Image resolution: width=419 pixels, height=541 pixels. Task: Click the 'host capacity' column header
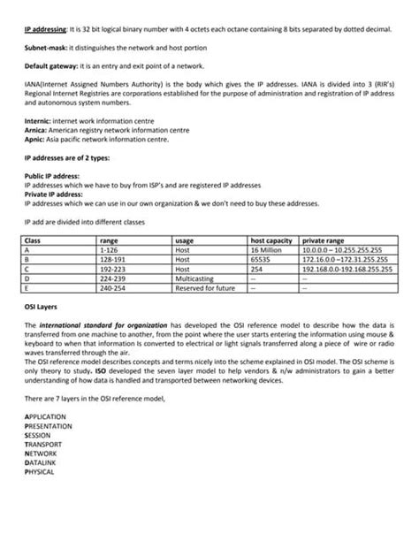click(271, 240)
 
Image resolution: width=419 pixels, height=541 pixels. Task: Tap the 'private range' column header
click(324, 240)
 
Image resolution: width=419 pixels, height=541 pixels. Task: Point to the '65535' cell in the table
click(261, 260)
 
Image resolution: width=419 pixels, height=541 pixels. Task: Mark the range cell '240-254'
click(113, 288)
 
